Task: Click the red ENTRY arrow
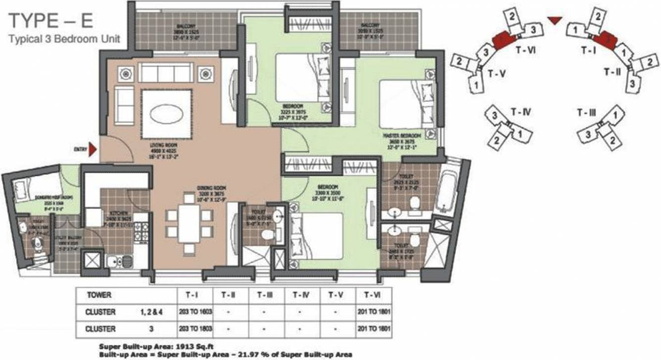click(92, 147)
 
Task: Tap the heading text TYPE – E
click(51, 22)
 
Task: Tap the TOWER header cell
click(98, 295)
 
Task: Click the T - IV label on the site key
click(521, 113)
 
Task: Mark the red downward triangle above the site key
click(555, 20)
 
